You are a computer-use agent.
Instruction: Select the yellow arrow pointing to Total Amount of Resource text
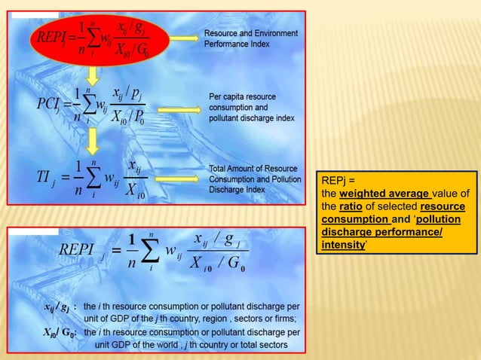[x=180, y=178]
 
